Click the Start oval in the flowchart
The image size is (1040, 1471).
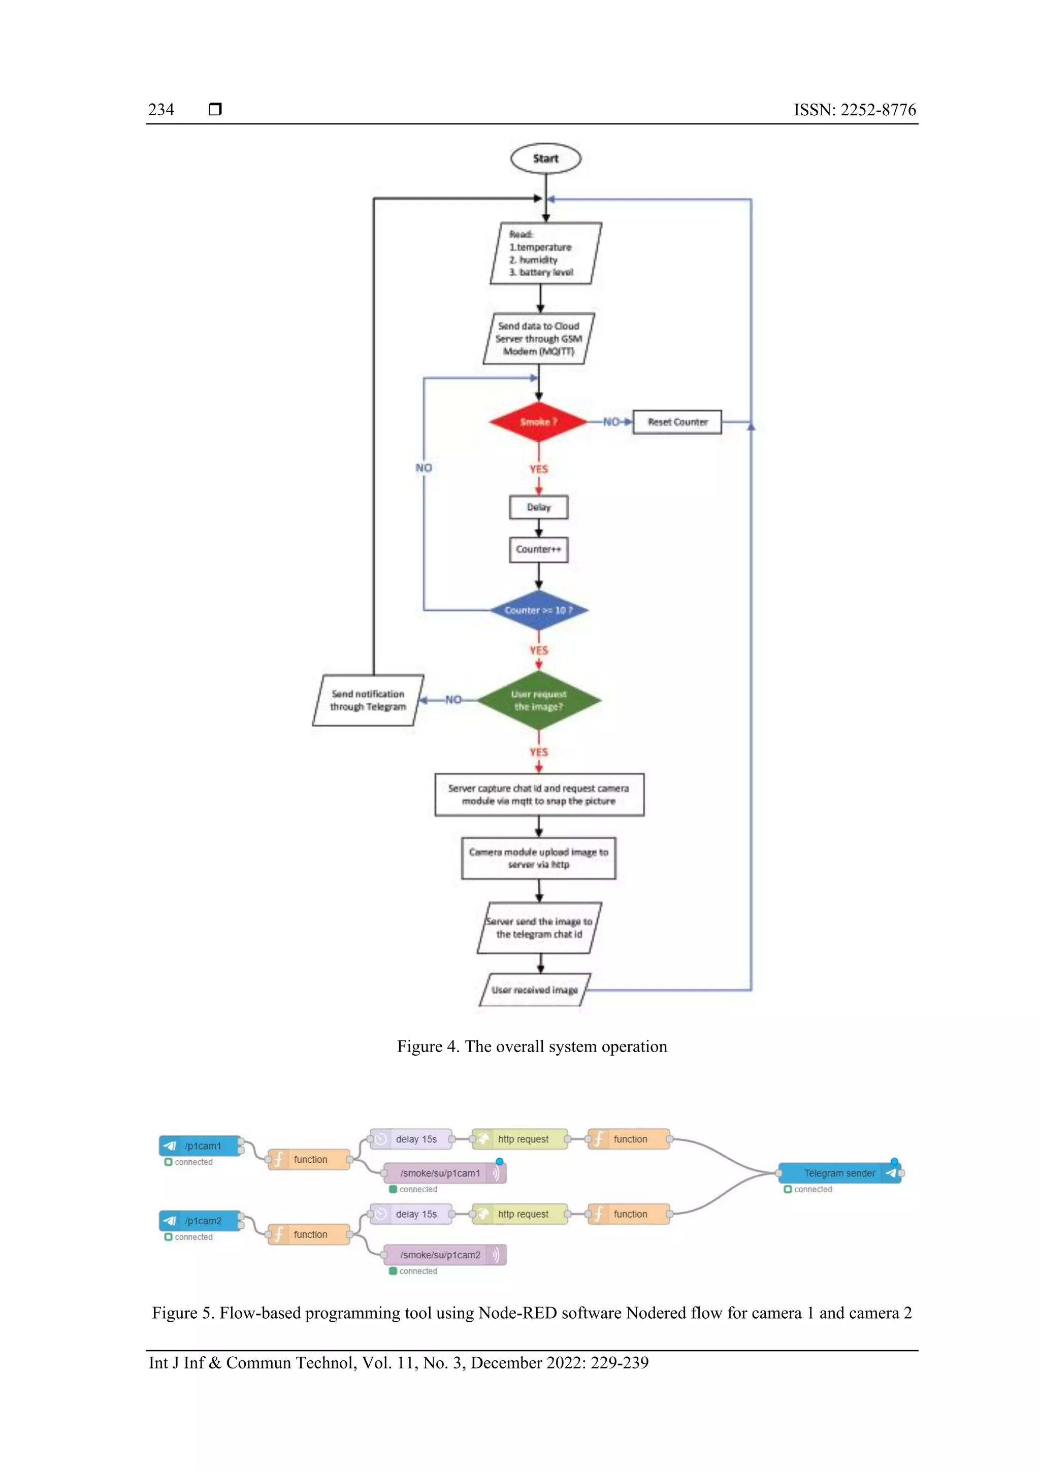[545, 158]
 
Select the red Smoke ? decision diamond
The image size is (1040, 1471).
[538, 421]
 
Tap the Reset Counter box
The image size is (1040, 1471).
[677, 421]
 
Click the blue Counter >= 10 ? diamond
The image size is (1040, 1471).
[538, 610]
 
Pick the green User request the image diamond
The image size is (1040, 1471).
[538, 700]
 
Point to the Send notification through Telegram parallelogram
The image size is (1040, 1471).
[368, 700]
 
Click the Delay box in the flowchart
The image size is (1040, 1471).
[538, 507]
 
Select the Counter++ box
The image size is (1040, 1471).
[538, 549]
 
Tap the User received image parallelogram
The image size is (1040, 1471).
[534, 990]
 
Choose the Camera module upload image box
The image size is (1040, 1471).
[538, 858]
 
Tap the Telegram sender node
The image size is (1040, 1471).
[839, 1173]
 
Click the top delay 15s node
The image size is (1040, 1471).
[411, 1139]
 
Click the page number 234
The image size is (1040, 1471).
[161, 110]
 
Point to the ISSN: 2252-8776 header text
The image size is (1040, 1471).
[854, 110]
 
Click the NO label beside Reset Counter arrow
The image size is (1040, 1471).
[611, 421]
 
